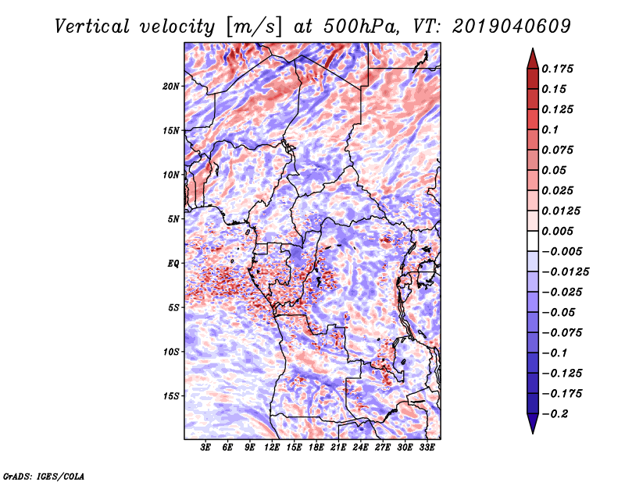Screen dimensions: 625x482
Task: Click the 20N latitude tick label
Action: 171,87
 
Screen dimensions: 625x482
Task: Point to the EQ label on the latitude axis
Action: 173,264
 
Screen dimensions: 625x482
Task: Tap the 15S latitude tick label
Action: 171,396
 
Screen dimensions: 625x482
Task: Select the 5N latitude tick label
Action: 173,219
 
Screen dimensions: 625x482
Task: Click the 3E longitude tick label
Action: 205,448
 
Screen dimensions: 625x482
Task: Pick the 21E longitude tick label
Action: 338,448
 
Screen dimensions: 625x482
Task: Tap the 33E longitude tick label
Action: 427,448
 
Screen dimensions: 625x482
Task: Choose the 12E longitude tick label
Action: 271,448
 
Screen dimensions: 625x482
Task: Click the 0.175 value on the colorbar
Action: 558,69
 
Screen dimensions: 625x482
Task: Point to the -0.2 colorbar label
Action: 555,414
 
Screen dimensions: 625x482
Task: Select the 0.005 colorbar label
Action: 558,231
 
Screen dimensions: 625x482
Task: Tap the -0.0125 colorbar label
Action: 565,272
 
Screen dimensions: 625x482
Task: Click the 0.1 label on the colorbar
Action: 551,129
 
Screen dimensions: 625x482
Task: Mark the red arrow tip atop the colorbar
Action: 533,48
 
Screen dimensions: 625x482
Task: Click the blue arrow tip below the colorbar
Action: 533,433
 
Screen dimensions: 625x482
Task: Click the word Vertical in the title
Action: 92,27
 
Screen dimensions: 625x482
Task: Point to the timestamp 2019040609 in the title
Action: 512,27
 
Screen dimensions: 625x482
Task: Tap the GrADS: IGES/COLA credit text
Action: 44,477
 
